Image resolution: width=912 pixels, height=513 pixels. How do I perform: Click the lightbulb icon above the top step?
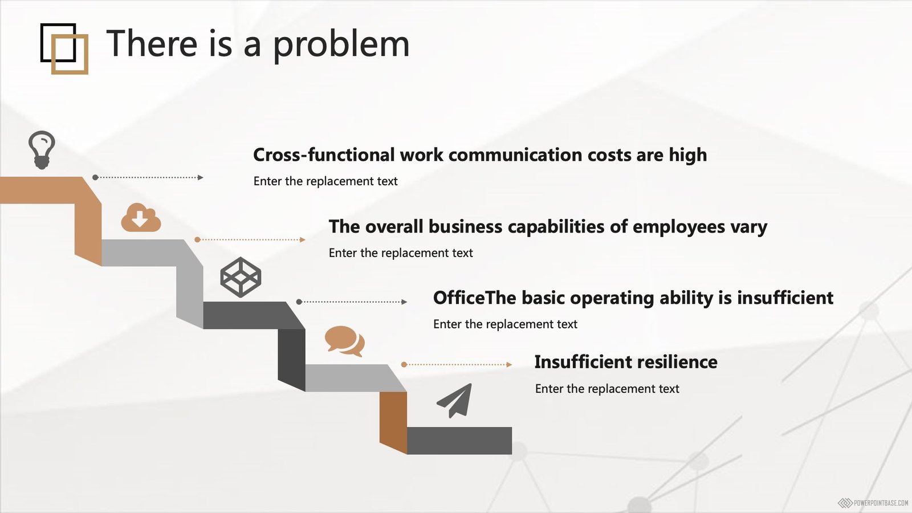click(x=42, y=150)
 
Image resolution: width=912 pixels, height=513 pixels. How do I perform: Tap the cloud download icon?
click(x=141, y=218)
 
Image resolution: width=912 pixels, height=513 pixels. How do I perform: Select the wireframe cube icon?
click(x=241, y=277)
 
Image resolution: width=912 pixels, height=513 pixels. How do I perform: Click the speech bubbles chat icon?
click(x=345, y=341)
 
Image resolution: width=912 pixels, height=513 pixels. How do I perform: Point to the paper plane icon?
click(x=455, y=401)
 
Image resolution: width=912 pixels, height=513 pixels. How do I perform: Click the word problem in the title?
click(x=341, y=44)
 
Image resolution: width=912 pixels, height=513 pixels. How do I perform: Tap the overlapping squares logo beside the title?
click(x=64, y=49)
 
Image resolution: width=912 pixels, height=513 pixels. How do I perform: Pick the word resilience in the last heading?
click(x=677, y=361)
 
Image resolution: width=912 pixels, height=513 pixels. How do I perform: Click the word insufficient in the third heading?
click(x=785, y=298)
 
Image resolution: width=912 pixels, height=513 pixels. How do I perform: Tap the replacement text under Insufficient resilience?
click(x=607, y=389)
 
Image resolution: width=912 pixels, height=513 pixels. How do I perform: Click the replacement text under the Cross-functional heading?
click(x=325, y=181)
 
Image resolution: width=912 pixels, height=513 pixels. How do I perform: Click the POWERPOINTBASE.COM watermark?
click(x=875, y=503)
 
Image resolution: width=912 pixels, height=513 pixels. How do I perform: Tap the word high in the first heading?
click(x=687, y=155)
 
